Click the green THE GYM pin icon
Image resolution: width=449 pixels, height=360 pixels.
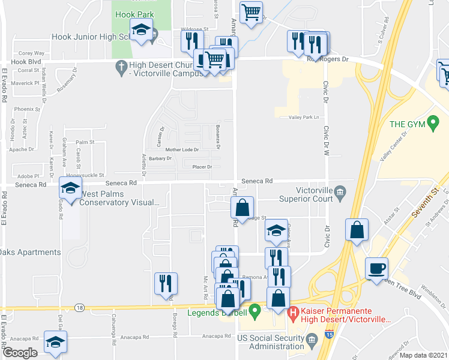(431, 124)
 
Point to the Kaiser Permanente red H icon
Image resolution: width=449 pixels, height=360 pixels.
(294, 312)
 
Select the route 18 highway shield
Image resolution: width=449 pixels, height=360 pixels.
(80, 307)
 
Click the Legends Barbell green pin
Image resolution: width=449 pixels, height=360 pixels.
(255, 312)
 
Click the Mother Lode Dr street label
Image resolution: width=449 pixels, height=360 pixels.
(182, 149)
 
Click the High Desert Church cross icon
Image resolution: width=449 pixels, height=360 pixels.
(120, 67)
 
